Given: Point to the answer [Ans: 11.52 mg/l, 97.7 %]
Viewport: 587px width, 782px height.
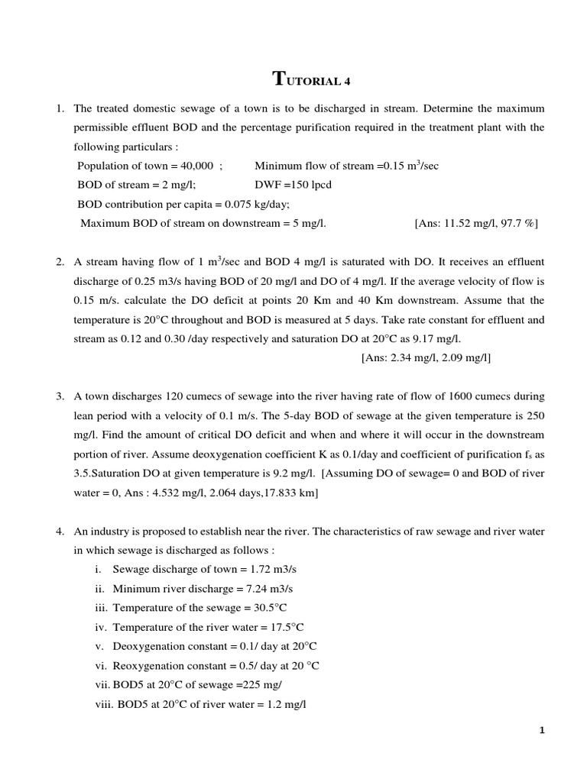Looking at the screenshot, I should tap(476, 223).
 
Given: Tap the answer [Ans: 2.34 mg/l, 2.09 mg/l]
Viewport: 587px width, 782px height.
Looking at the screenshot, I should tap(425, 357).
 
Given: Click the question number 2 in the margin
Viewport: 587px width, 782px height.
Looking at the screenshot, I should tap(60, 262).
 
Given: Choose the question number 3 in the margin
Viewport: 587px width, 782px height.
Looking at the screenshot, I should tap(60, 396).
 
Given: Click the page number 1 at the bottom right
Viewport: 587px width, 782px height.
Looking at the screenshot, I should tap(542, 730).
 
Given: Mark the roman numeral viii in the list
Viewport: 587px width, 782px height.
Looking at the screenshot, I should tap(103, 703).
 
